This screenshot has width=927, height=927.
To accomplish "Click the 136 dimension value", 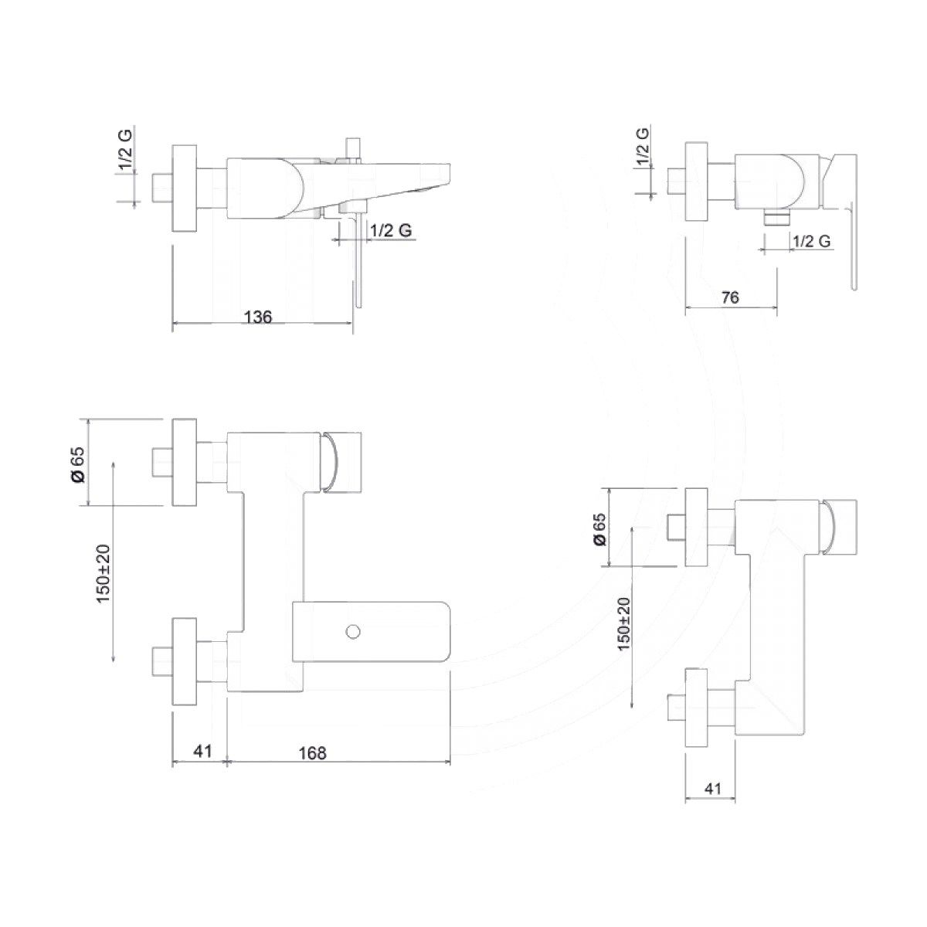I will pos(258,317).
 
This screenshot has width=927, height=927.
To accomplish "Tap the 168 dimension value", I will pos(312,752).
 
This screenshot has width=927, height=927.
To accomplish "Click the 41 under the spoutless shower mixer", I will pos(713,789).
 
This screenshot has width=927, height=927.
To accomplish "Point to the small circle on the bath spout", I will pos(354,632).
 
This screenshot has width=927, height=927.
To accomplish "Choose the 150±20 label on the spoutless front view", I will pos(623,623).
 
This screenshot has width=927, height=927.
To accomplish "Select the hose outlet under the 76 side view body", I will pos(776,218).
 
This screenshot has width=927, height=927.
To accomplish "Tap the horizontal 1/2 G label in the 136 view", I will pos(390,230).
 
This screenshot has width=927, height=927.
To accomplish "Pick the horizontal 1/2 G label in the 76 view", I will pos(811,241).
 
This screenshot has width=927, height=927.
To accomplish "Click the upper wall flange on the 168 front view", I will pos(185,463).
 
